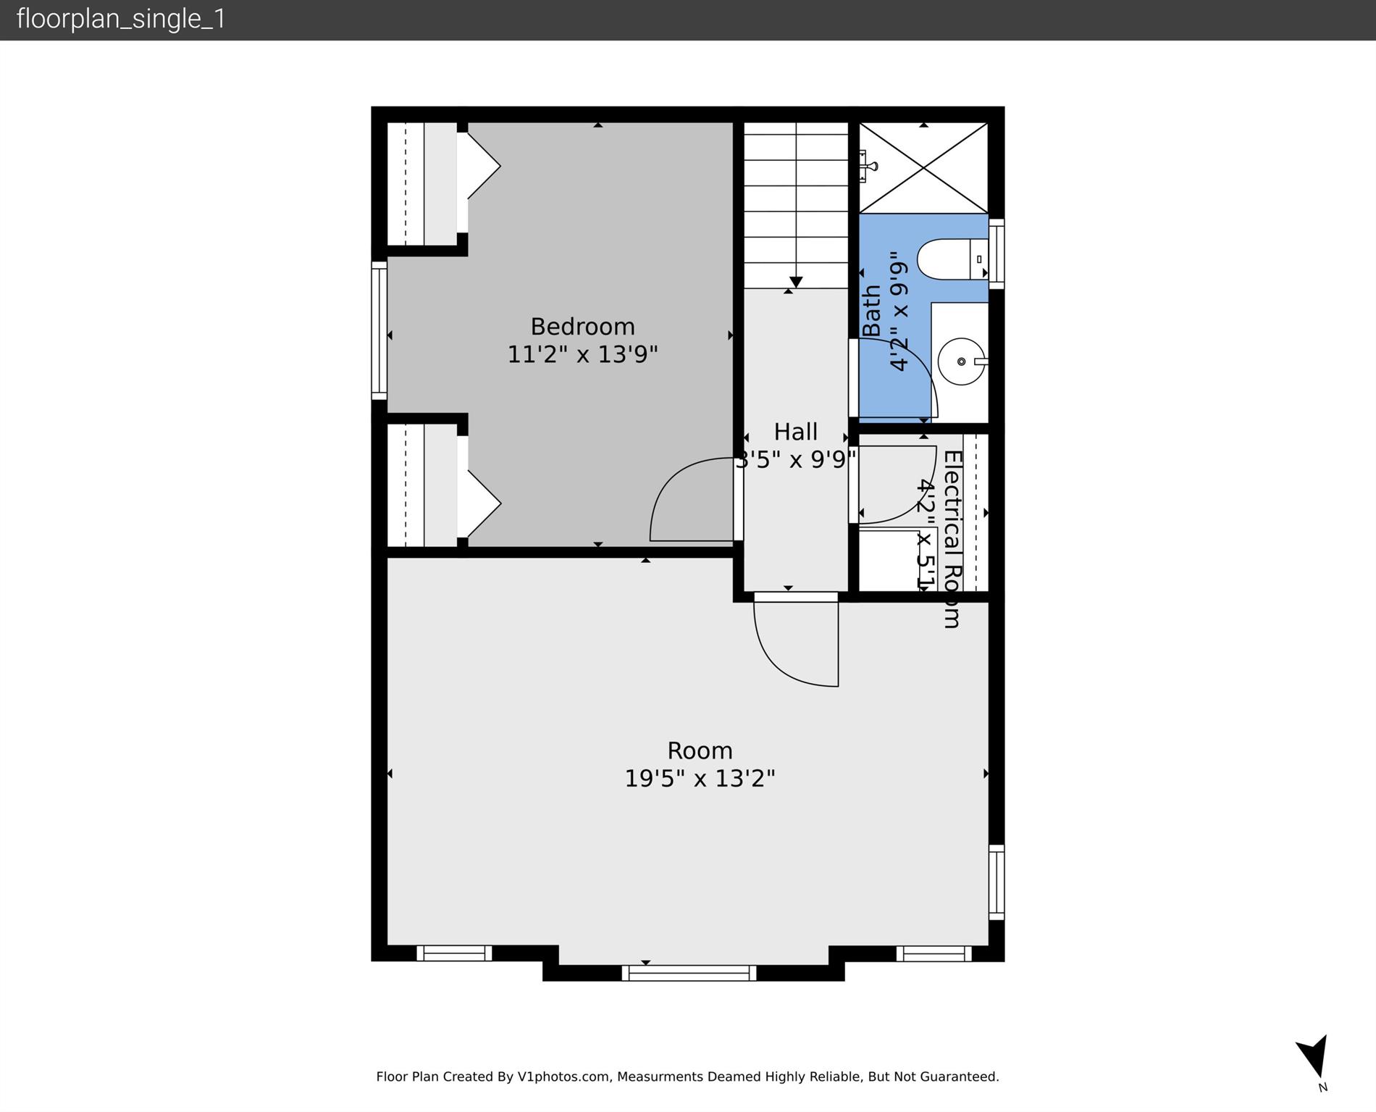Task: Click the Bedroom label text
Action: click(582, 327)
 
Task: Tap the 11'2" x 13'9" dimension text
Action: click(582, 355)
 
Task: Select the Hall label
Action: click(795, 432)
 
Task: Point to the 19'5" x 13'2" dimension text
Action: click(700, 779)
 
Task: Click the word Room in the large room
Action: click(700, 751)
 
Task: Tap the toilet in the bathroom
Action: click(949, 259)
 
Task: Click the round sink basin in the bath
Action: click(961, 361)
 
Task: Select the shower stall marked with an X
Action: click(923, 168)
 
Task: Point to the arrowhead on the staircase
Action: click(796, 282)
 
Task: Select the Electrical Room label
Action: click(952, 539)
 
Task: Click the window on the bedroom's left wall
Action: click(379, 330)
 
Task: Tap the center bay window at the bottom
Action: click(689, 973)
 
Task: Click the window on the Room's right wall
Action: click(997, 882)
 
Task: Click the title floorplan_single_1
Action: click(121, 19)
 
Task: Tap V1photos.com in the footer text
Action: click(563, 1077)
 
